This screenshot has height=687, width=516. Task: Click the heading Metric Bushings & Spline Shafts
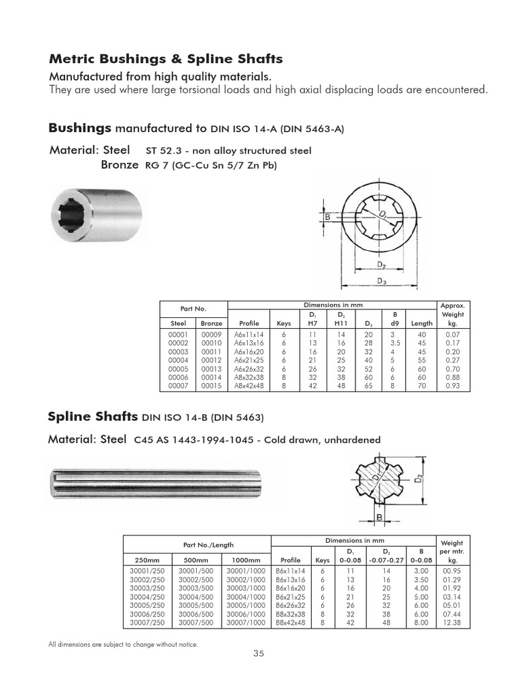165,59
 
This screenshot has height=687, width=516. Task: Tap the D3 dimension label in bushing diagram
381,280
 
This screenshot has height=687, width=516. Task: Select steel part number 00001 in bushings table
178,333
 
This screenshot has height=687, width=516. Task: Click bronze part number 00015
212,386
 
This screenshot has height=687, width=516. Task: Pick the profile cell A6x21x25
249,360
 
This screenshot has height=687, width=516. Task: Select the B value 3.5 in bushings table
394,342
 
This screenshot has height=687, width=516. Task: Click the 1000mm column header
245,560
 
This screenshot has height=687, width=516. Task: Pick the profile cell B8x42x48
290,623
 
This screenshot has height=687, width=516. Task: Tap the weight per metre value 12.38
453,623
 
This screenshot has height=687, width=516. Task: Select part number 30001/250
146,570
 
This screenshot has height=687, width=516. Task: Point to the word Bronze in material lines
120,164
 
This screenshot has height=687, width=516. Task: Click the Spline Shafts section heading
93,417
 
